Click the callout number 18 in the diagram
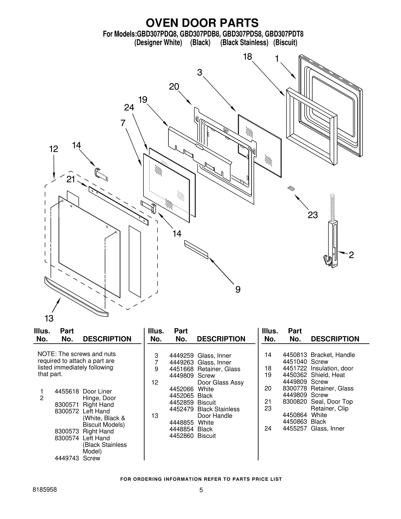coord(247,57)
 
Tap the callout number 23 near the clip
coord(313,215)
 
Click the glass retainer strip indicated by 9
coord(196,250)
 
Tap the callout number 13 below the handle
coord(49,319)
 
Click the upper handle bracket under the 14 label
coord(101,174)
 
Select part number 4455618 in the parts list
coord(67,391)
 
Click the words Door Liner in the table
coord(97,391)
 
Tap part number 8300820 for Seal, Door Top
coord(295,402)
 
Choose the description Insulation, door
coord(332,368)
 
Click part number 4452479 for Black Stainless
coord(181,409)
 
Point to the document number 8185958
coord(45,490)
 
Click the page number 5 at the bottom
coord(201,490)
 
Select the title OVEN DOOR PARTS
coord(202,23)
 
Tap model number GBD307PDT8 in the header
coord(284,34)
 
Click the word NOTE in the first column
coord(46,354)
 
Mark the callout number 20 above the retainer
coord(174,87)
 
